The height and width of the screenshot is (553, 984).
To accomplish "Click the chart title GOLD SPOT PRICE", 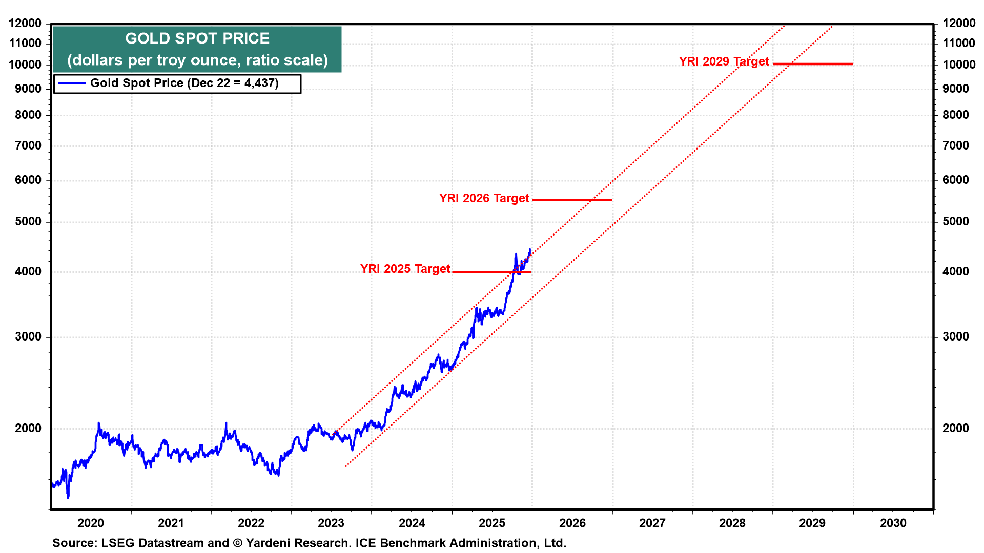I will coord(197,38).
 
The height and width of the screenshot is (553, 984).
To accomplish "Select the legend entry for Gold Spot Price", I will coord(184,83).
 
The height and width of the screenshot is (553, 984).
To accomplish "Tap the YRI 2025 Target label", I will coord(405,269).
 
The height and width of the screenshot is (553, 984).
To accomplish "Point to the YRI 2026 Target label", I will coord(484,198).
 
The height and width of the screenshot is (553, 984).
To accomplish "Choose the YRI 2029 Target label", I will coord(724,61).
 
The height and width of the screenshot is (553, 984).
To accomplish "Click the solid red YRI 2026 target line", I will coord(572,200).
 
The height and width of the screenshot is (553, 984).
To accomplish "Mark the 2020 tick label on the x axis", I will coord(91,523).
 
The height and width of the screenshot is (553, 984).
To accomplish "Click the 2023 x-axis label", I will coord(331,523).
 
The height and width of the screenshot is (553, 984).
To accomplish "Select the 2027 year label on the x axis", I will coord(652,523).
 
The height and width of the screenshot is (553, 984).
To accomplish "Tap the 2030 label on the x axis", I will coord(893,523).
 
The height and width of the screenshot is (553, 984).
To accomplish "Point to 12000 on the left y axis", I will coord(25,23).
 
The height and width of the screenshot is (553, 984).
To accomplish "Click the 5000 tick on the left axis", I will coord(28,221).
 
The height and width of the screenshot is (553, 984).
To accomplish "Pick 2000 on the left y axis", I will coord(28,428).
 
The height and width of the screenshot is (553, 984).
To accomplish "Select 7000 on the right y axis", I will coord(956,145).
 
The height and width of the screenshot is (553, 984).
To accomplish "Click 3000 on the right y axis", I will coord(956,336).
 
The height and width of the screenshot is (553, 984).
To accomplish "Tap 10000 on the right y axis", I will coord(959,65).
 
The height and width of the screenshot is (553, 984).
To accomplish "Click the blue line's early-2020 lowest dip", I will coord(68,497).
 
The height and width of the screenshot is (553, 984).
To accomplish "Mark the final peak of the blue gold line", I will coord(530,249).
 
